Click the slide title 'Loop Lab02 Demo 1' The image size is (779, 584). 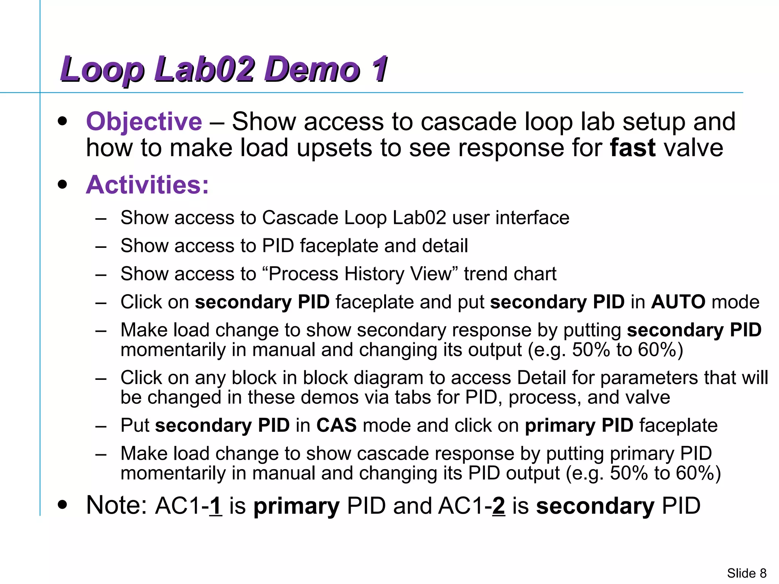tap(224, 69)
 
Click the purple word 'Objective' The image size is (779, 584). tap(144, 122)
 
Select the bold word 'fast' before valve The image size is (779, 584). tap(632, 148)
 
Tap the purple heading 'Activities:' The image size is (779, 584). tap(148, 185)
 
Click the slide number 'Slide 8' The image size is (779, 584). tap(746, 573)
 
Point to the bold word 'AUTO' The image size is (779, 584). tap(678, 302)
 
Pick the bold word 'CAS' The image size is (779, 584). tap(336, 425)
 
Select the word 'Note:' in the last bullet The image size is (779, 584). tap(116, 506)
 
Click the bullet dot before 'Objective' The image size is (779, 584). tap(62, 122)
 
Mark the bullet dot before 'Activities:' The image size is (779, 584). tap(62, 185)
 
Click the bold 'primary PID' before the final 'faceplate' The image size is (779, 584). tap(579, 425)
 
